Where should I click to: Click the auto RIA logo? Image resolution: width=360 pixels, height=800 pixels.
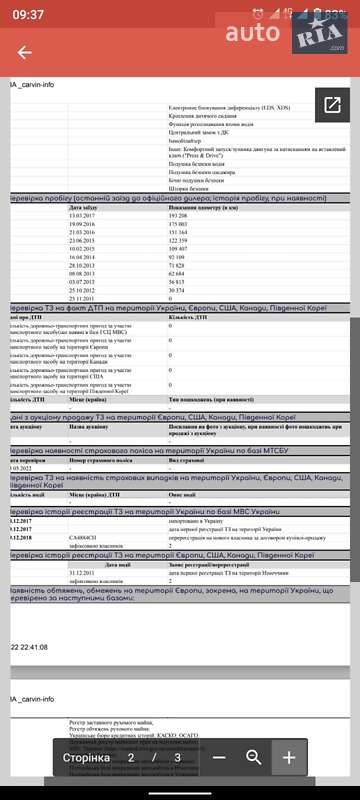click(x=290, y=35)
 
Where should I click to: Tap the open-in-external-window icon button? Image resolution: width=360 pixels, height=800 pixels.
click(x=332, y=105)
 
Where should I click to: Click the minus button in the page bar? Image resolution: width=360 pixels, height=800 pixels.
click(x=219, y=757)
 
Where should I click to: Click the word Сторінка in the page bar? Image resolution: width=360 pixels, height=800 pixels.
click(x=87, y=758)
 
